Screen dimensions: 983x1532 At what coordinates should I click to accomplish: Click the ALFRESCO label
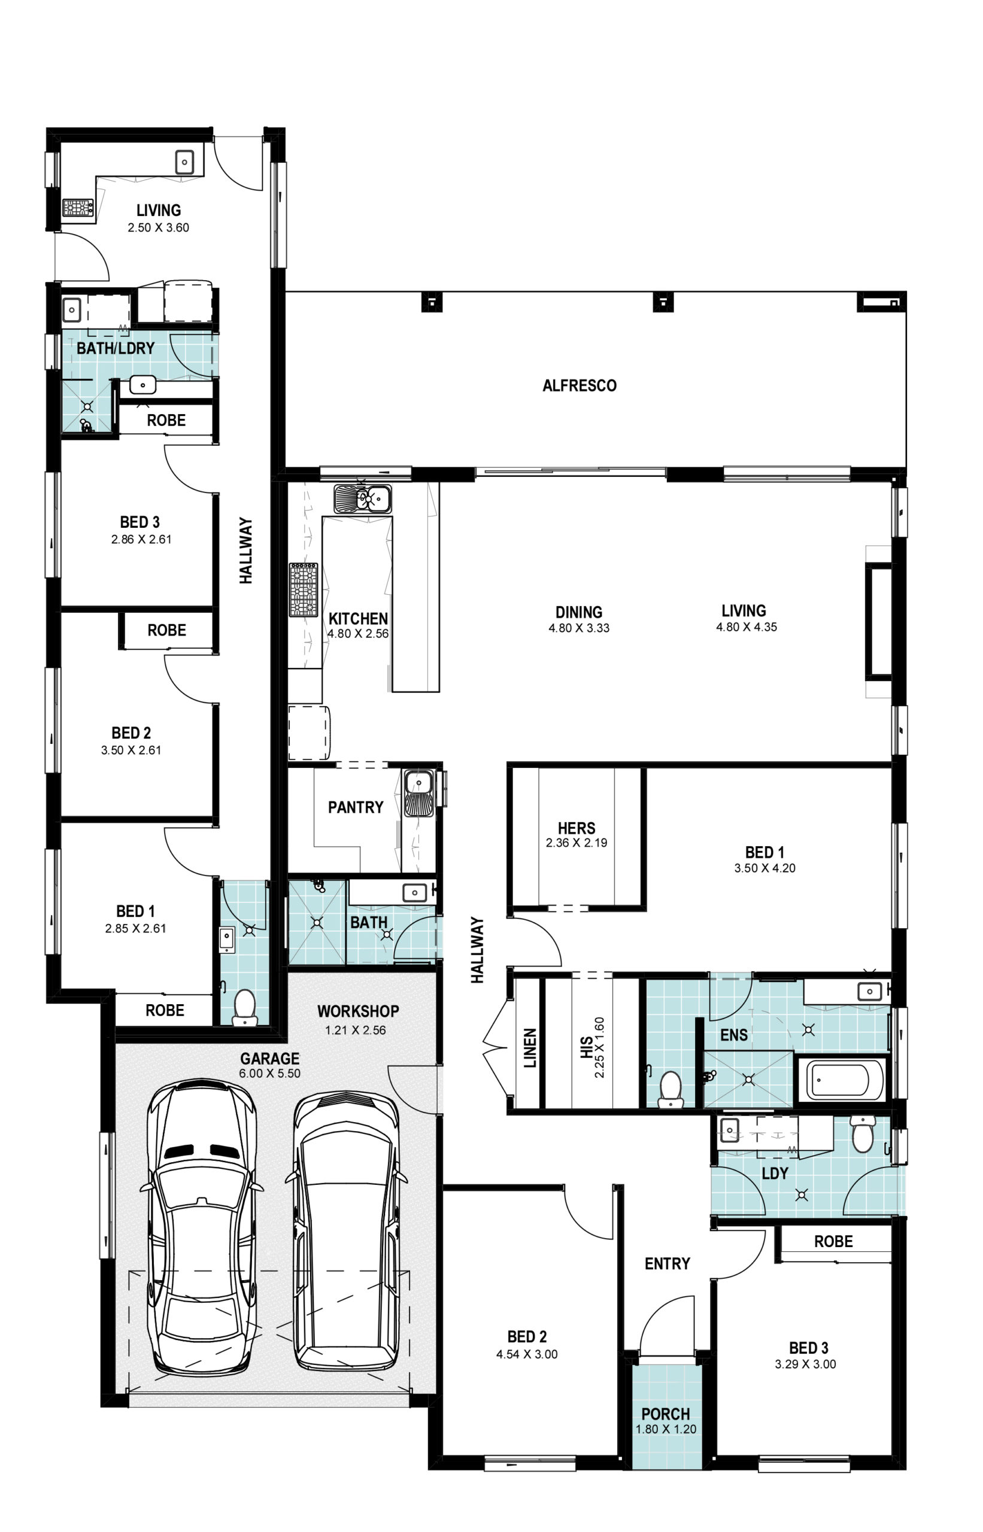pyautogui.click(x=579, y=385)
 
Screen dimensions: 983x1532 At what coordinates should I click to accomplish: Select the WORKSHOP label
pyautogui.click(x=358, y=1011)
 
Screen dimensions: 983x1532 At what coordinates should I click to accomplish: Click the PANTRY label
pyautogui.click(x=356, y=807)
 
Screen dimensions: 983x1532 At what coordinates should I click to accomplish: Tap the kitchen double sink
pyautogui.click(x=362, y=498)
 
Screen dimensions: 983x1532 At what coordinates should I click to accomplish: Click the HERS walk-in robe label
pyautogui.click(x=577, y=828)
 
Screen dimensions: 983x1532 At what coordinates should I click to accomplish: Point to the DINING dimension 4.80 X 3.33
pyautogui.click(x=579, y=628)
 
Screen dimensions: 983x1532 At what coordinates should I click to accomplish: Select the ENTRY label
pyautogui.click(x=667, y=1263)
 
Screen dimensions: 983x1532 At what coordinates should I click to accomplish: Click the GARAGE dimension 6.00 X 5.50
pyautogui.click(x=269, y=1073)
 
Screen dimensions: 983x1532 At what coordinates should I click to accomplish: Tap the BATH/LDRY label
pyautogui.click(x=116, y=348)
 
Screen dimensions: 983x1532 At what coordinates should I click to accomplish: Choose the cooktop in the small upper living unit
pyautogui.click(x=78, y=208)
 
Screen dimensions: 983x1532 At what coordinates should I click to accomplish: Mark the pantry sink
pyautogui.click(x=418, y=792)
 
